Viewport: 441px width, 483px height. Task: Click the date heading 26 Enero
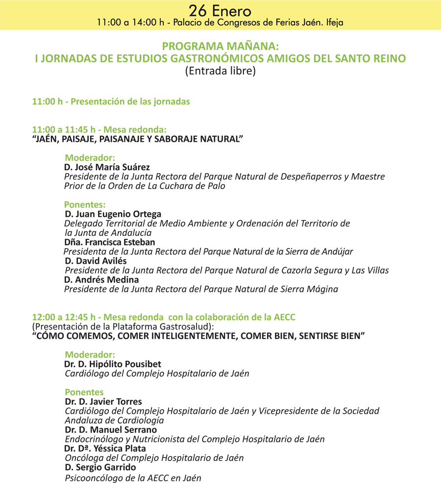[x=220, y=10]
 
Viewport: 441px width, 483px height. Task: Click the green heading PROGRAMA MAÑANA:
[x=220, y=47]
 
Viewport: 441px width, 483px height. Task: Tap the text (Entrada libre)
[x=220, y=71]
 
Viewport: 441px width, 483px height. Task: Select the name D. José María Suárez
[x=107, y=167]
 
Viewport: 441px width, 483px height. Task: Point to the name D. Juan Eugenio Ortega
[x=113, y=214]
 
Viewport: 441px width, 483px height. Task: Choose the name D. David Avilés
[x=96, y=261]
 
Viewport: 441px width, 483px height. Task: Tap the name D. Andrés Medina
[x=101, y=280]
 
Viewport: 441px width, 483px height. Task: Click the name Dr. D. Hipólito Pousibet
[x=113, y=364]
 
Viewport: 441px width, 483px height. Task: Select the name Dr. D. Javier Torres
[x=103, y=402]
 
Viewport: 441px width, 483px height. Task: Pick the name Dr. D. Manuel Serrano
[x=111, y=430]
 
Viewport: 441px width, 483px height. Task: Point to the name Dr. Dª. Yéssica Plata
[x=105, y=449]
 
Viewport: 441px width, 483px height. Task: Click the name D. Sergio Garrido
[x=100, y=467]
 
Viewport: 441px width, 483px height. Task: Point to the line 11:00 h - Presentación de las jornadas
[x=111, y=102]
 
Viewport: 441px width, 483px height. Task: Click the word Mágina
[x=321, y=289]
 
